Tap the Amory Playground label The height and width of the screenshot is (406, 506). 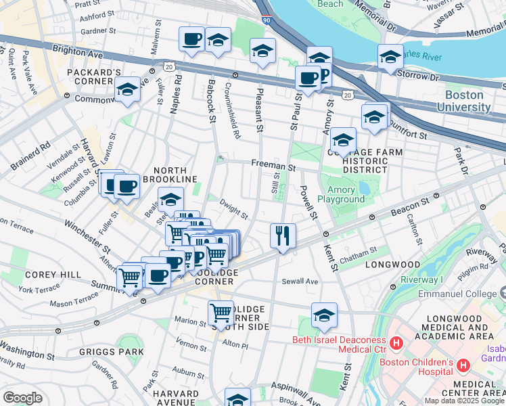(x=346, y=195)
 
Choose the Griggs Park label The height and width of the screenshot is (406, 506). (x=111, y=351)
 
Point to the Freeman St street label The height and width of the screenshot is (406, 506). (x=273, y=164)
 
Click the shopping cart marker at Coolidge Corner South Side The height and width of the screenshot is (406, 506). (x=221, y=313)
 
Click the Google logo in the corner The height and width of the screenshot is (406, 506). (x=22, y=397)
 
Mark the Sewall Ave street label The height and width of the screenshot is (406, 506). (x=300, y=281)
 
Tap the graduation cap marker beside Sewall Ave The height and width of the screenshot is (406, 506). (x=324, y=315)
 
